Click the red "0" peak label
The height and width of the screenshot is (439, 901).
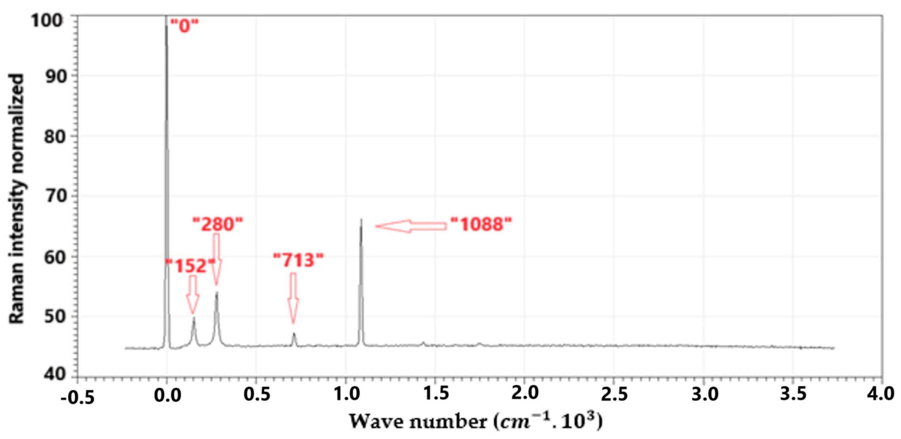click(x=184, y=26)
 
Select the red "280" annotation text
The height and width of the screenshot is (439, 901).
click(x=218, y=224)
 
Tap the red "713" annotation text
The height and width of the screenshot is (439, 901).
click(x=298, y=260)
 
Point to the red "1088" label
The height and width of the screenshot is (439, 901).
click(x=481, y=224)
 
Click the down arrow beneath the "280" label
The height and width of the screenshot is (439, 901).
click(x=217, y=259)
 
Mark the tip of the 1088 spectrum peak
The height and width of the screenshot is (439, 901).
click(x=361, y=220)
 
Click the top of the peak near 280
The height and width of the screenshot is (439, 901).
click(x=217, y=292)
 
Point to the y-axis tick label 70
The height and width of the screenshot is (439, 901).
click(x=55, y=196)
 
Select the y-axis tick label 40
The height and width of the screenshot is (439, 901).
click(x=55, y=374)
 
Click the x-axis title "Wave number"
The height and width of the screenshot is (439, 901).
click(x=418, y=422)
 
